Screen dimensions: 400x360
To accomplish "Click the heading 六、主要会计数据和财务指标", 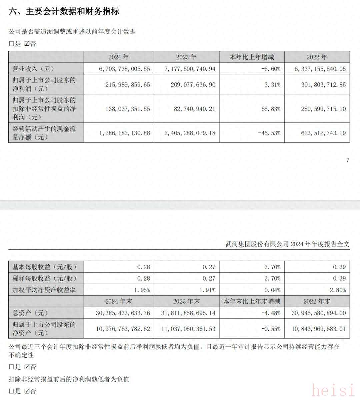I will tap(64, 12).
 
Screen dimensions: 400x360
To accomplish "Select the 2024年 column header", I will tap(118, 57).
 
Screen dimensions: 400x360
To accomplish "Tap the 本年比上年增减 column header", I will tap(252, 57).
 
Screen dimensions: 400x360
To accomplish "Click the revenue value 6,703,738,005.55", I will tap(125, 69).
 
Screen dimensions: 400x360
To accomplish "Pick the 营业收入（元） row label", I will tap(33, 69).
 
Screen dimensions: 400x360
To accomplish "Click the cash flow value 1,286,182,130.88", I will tap(125, 133).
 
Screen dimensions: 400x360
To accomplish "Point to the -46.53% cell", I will tap(269, 133).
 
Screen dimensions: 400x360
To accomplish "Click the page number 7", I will tap(348, 160).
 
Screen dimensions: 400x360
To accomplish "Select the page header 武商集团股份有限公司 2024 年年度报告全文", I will tap(287, 244).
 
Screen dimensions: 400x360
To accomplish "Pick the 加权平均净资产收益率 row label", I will tap(44, 290).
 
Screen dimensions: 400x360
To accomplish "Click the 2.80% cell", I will tap(338, 290).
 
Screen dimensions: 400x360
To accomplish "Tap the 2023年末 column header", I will tap(186, 301).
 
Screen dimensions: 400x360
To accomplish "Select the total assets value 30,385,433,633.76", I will tap(123, 313).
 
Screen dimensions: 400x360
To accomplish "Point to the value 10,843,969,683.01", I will tap(319, 329).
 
